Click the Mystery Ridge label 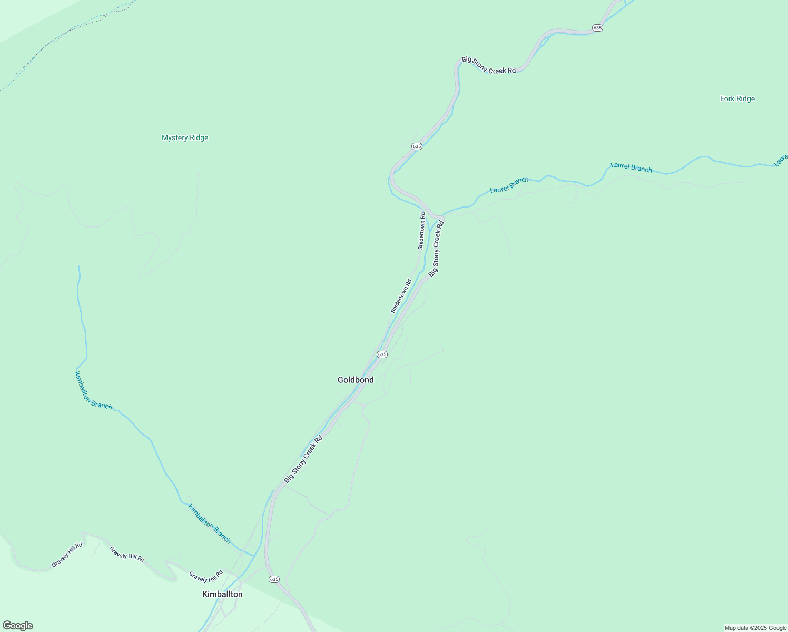click(185, 138)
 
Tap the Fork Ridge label click(737, 99)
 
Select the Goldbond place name click(356, 380)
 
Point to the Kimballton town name click(222, 594)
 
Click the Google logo click(18, 626)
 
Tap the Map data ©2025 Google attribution click(755, 628)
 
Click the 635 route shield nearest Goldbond click(382, 354)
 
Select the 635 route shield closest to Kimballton click(274, 579)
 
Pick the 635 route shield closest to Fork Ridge click(597, 27)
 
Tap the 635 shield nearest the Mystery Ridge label click(417, 146)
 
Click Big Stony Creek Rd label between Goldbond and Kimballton click(303, 459)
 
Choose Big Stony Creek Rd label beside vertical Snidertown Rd click(436, 249)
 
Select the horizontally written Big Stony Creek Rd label click(489, 65)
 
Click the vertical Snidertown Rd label click(422, 231)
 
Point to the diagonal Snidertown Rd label click(401, 297)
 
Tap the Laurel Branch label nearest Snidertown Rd click(509, 185)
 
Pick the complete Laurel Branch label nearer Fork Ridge click(631, 167)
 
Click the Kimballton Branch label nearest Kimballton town click(210, 524)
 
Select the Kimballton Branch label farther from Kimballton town click(93, 391)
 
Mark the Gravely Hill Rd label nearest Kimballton click(206, 576)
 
